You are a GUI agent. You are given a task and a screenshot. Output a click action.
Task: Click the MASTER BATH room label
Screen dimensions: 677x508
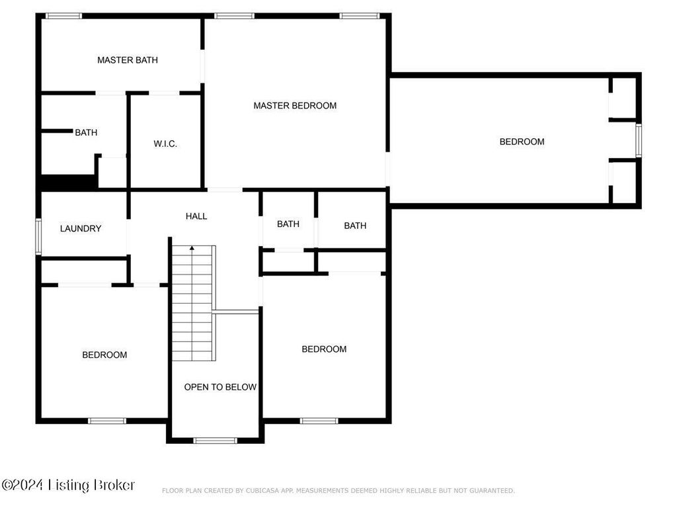128,60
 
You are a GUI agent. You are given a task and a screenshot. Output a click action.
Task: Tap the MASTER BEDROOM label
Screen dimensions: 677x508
295,105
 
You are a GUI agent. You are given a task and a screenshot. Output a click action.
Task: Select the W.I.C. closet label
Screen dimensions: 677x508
165,144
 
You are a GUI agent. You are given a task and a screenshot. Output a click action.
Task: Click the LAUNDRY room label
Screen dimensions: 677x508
81,228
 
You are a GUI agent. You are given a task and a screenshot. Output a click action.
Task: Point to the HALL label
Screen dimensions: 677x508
196,216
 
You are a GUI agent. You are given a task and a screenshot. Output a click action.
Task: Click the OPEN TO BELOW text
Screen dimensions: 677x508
220,387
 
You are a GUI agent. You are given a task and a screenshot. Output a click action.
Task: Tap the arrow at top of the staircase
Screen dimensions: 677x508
192,249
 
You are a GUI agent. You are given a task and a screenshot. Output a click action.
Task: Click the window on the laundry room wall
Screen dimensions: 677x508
38,236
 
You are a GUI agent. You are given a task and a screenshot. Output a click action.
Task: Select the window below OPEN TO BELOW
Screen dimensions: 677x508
215,441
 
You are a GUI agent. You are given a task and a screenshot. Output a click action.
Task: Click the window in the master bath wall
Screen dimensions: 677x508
64,16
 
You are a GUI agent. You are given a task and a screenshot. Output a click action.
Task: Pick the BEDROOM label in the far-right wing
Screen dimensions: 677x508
522,142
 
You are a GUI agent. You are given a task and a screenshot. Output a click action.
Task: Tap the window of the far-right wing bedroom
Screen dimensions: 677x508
639,140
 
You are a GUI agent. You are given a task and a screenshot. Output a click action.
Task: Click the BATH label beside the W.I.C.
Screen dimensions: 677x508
86,132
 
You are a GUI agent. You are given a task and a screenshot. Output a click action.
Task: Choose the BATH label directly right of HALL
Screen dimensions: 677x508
288,224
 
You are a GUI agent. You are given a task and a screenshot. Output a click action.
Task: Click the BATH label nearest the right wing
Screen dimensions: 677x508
355,226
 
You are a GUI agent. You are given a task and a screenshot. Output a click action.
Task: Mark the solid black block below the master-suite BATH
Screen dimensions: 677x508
68,182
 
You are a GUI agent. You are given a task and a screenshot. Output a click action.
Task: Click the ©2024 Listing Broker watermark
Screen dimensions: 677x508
68,485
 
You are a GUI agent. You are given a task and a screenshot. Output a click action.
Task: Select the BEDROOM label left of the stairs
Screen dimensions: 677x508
104,355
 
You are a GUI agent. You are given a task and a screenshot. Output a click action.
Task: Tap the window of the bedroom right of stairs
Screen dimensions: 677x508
319,421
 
